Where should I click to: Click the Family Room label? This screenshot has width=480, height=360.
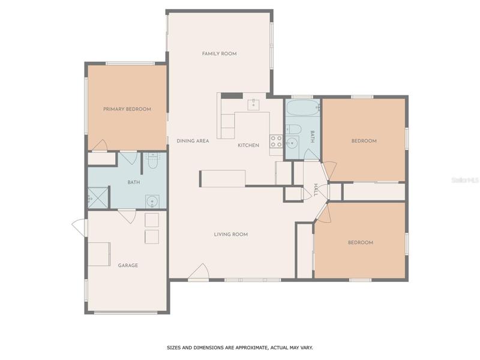219,53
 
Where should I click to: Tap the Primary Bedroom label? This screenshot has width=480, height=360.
127,109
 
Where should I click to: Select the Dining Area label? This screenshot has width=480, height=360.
193,141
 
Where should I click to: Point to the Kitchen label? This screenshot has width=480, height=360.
248,145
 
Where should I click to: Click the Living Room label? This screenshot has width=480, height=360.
231,234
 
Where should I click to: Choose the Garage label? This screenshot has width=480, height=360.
128,265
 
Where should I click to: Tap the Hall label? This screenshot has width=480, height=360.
316,190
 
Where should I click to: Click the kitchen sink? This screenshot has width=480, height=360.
253,104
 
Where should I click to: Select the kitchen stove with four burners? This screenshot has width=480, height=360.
276,142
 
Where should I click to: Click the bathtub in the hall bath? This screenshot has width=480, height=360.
303,108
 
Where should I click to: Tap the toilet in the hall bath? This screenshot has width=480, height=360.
293,129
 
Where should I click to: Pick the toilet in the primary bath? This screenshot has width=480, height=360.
153,161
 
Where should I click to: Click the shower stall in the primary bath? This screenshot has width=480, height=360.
98,197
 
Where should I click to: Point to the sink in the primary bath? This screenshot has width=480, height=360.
152,202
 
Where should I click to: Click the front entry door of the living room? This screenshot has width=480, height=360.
199,272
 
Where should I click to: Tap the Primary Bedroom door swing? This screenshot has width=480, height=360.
100,145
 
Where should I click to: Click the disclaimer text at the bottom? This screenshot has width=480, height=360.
239,348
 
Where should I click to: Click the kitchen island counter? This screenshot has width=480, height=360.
223,178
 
